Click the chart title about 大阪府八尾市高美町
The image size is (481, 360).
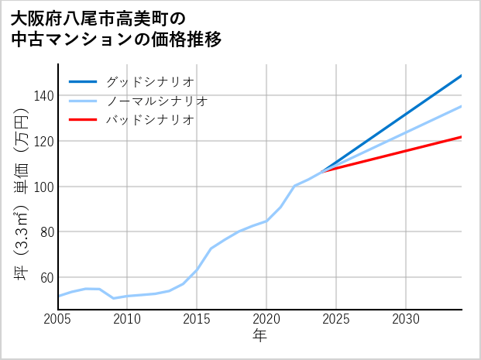click(x=117, y=29)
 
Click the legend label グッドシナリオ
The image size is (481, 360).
click(x=149, y=81)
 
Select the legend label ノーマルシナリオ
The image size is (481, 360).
click(x=156, y=101)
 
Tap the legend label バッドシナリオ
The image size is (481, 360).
click(x=149, y=120)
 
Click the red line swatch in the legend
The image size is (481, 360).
click(x=83, y=120)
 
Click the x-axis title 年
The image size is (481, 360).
click(x=259, y=336)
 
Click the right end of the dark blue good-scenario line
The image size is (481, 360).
click(x=461, y=76)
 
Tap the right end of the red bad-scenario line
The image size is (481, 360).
click(x=461, y=137)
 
